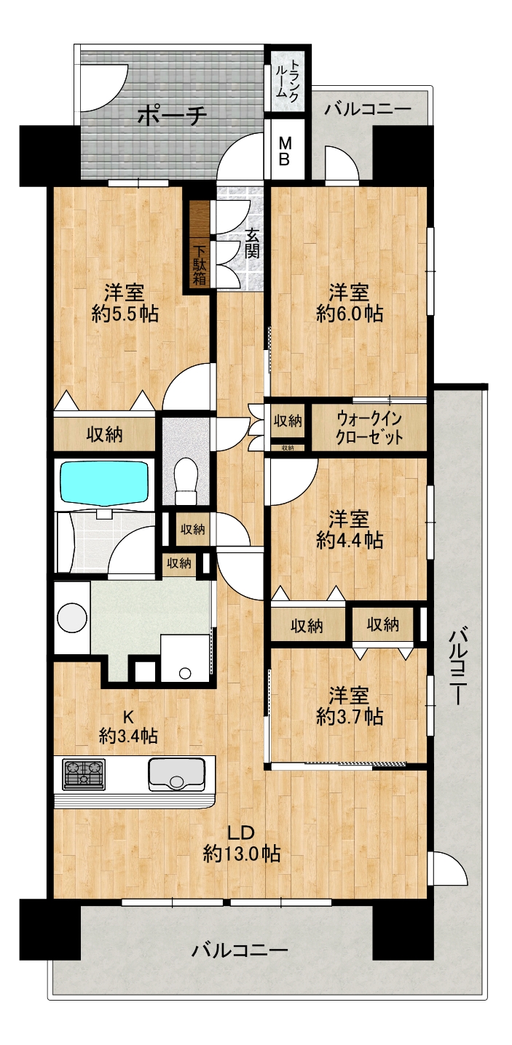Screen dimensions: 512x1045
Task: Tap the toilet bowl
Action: pyautogui.click(x=186, y=480)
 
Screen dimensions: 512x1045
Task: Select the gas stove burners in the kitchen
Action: pyautogui.click(x=84, y=774)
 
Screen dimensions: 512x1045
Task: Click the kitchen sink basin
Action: pyautogui.click(x=177, y=774)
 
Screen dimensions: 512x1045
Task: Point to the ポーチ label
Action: pyautogui.click(x=172, y=115)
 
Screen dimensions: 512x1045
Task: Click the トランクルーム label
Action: pyautogui.click(x=286, y=78)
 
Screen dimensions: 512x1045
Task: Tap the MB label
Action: pyautogui.click(x=284, y=150)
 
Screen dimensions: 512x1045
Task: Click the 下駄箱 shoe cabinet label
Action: pyautogui.click(x=200, y=266)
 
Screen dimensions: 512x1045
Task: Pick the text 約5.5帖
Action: pyautogui.click(x=125, y=314)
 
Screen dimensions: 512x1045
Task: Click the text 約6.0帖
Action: pyautogui.click(x=350, y=314)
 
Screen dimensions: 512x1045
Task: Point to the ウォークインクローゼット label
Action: pyautogui.click(x=369, y=429)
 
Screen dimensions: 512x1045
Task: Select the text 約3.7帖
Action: pyautogui.click(x=350, y=717)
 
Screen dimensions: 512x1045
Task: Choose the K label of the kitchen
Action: pyautogui.click(x=128, y=715)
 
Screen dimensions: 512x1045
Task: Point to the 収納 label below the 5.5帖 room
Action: pyautogui.click(x=105, y=434)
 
